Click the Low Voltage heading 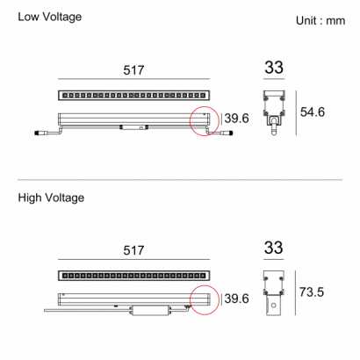click(50, 17)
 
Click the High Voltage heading click(51, 198)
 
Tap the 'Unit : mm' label click(320, 20)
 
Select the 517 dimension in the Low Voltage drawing click(133, 70)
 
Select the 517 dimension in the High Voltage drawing click(133, 250)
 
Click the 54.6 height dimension click(313, 112)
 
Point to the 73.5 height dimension click(312, 292)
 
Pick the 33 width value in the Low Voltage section click(274, 68)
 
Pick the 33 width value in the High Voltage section click(274, 248)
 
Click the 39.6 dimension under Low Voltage click(236, 119)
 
